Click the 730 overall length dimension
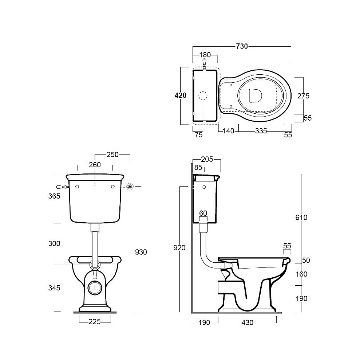point(242,47)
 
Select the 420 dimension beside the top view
point(181,95)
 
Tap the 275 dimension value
point(303,96)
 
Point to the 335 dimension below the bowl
point(261,131)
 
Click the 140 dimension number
point(229,131)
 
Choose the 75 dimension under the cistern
point(199,135)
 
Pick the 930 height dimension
point(141,252)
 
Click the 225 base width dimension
point(95,322)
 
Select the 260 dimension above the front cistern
point(95,165)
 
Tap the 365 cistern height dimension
point(54,196)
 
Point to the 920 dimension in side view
point(179,248)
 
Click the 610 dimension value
point(301,218)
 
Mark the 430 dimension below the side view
point(248,322)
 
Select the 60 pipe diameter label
point(203,213)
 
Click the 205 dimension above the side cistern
point(207,159)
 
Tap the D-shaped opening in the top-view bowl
point(255,95)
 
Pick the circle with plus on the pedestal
point(95,288)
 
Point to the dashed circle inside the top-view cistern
point(203,95)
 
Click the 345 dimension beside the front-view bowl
point(54,288)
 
